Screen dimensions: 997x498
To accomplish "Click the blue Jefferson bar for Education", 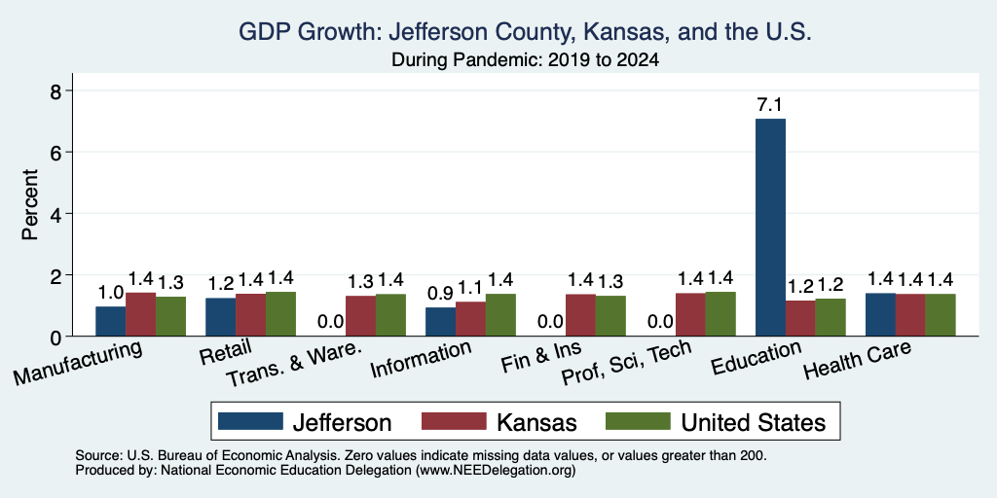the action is pos(770,228).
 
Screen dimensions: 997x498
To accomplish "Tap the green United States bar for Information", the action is pos(500,315).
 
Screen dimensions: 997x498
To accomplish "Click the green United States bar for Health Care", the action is pos(941,315).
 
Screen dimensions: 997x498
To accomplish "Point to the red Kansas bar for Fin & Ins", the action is pos(580,315).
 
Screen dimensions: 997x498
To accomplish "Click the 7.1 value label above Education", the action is pos(770,105).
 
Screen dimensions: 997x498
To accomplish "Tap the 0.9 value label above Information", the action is pos(440,294).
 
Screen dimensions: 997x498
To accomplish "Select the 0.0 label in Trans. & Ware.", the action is pos(330,321).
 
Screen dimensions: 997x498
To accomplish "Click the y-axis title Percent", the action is pos(30,204).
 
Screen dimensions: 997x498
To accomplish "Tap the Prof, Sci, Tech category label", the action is pos(626,363).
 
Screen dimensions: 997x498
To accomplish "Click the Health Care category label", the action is pos(857,359).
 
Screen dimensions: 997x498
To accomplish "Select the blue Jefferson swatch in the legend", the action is pos(250,421).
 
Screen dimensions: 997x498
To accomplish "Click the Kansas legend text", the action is pos(537,422).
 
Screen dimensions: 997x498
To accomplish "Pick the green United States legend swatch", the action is pos(638,421).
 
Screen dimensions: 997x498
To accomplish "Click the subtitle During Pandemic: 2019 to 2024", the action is pos(525,60).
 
